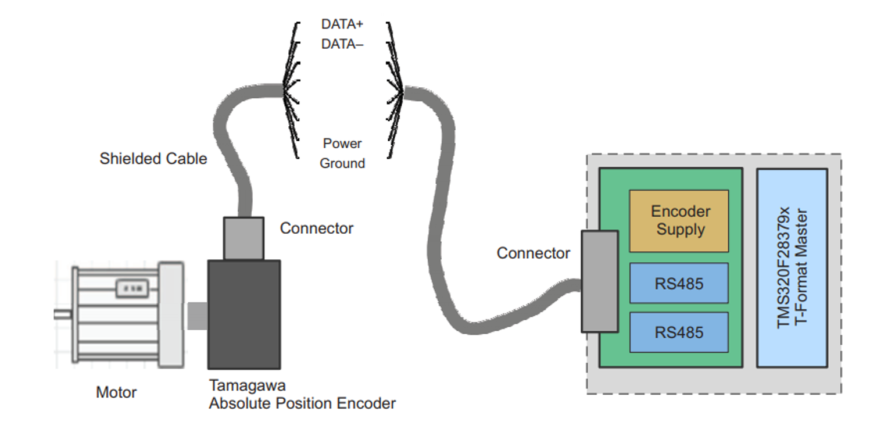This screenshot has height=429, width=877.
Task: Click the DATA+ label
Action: coord(342,25)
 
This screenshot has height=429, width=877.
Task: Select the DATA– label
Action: coord(342,44)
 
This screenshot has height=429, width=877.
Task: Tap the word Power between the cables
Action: coord(342,144)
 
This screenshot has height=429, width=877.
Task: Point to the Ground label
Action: coord(342,163)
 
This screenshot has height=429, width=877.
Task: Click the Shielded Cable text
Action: coord(153,159)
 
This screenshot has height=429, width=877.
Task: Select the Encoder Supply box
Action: coord(679,220)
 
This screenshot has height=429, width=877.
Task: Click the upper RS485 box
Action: coord(679,283)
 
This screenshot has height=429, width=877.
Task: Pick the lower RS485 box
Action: coord(679,332)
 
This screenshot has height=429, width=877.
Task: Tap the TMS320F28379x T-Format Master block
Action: coord(792,268)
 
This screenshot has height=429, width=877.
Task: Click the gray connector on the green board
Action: coord(600,281)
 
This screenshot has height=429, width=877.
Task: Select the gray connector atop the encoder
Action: coord(244,238)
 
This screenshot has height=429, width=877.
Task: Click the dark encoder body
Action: coord(244,314)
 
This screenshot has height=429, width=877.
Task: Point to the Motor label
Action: coord(116,392)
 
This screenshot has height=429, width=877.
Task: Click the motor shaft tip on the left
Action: coord(62,314)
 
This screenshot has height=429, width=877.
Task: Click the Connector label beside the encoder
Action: coord(316,228)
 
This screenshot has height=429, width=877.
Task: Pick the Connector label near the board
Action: coord(533,253)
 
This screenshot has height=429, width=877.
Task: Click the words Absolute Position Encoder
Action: coord(302,403)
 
